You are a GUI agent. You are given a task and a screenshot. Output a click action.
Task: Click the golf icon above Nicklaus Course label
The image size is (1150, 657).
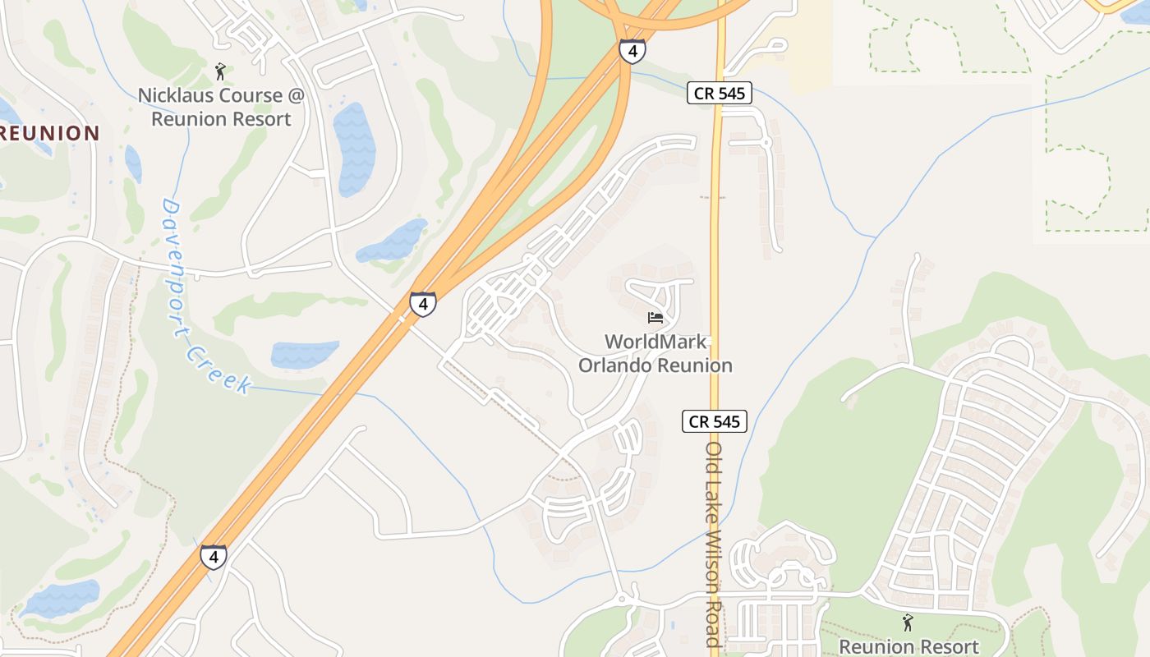[219, 71]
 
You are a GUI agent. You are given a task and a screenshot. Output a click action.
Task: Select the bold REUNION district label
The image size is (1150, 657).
[50, 133]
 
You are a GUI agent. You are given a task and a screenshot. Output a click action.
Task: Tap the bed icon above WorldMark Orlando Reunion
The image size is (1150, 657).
[655, 318]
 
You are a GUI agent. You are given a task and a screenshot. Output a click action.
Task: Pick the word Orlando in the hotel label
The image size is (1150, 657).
[614, 365]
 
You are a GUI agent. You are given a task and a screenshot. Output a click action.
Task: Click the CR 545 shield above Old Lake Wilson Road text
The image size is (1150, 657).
[715, 421]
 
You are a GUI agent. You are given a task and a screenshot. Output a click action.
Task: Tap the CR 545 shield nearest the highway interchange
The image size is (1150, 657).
[719, 94]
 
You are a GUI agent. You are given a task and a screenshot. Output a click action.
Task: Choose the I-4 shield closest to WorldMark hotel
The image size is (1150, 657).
[422, 305]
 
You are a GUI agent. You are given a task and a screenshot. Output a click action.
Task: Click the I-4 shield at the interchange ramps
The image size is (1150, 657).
[632, 52]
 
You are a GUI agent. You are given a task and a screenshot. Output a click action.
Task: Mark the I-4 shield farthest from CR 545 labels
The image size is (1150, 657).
[214, 558]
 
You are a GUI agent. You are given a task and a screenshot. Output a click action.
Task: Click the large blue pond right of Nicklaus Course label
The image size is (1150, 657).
[355, 148]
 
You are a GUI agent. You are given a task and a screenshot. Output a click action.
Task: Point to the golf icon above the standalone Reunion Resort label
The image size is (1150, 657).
[908, 623]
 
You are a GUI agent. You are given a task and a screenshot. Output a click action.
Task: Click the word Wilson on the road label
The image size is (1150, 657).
[713, 567]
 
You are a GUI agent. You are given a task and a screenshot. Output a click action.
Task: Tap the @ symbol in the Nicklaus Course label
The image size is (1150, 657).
[296, 95]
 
